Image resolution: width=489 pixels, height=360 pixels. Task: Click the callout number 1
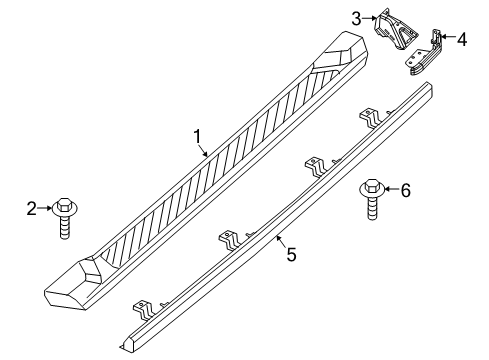tap(197, 135)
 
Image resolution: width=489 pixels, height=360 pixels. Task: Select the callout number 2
tap(31, 208)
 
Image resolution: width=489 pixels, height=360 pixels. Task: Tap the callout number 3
tap(356, 16)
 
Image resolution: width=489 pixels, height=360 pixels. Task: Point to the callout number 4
tap(461, 39)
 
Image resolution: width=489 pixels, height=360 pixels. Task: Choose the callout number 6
tap(405, 190)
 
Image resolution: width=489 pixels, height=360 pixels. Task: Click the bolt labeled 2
tap(67, 215)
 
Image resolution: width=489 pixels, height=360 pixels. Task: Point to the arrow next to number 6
tap(391, 189)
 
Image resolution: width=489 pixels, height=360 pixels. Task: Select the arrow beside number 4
tap(447, 39)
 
